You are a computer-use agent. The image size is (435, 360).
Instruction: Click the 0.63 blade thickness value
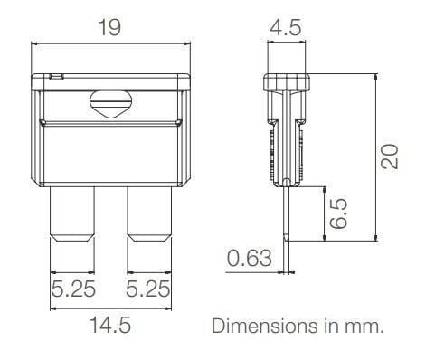[250, 260]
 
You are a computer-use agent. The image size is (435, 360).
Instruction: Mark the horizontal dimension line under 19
[110, 43]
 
